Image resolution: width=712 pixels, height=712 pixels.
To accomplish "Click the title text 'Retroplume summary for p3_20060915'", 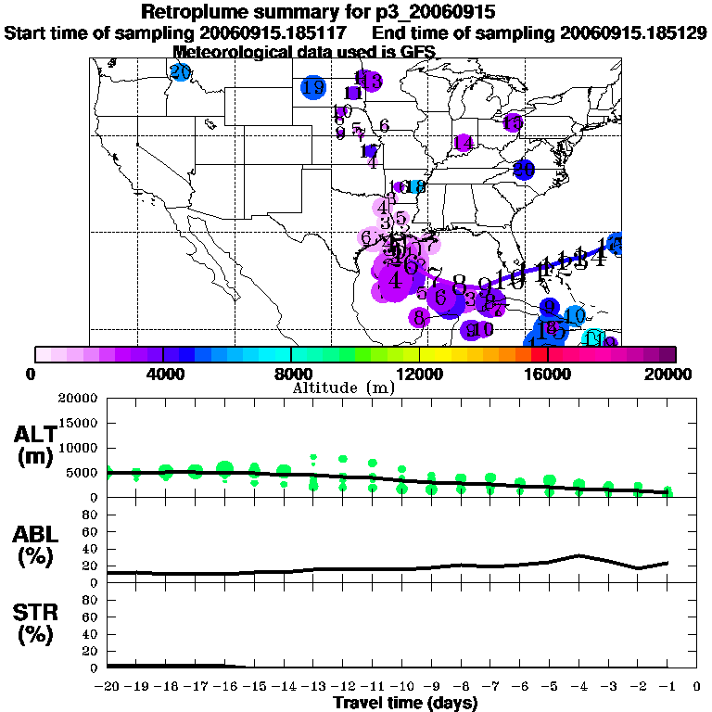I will (x=319, y=12).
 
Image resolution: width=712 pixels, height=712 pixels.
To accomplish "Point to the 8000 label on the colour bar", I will (x=290, y=374).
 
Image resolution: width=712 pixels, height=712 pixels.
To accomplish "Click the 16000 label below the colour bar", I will (x=548, y=374).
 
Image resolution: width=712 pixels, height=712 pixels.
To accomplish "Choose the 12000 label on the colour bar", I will (x=419, y=374).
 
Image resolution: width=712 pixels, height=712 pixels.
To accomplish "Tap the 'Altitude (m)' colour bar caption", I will (x=344, y=388).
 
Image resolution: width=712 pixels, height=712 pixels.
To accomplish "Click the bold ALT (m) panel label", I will (x=34, y=446).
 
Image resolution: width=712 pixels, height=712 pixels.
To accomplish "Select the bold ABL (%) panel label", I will (x=34, y=546).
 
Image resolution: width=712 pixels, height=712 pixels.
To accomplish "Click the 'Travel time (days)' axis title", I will (x=405, y=704).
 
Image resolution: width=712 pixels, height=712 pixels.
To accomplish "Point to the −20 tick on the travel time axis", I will (x=108, y=688).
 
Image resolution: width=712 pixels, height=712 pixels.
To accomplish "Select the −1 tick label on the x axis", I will (x=667, y=688).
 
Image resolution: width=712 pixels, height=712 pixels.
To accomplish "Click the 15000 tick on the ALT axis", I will (x=80, y=423).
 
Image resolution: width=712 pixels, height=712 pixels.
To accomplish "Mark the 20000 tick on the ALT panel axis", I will (x=80, y=399).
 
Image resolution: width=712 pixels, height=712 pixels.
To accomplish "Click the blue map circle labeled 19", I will (x=313, y=87).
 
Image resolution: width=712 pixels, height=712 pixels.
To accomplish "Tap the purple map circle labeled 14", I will (x=464, y=143).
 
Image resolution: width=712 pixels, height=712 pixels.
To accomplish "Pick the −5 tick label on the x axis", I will (x=550, y=688).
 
